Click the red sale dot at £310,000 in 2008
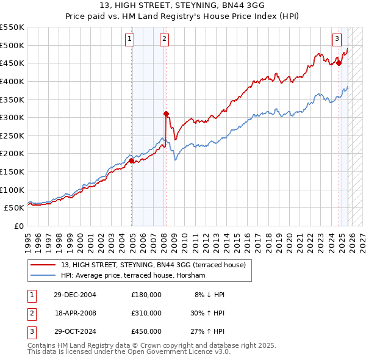tap(166, 113)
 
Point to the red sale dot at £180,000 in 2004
tap(131, 160)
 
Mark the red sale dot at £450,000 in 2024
tap(339, 62)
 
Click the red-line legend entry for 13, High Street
tap(153, 265)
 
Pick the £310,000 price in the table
tap(146, 312)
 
